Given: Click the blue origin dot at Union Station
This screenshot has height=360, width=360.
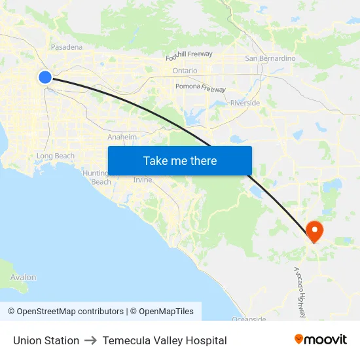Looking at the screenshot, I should [x=45, y=77].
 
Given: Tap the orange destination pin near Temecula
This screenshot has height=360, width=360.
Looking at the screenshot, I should [x=315, y=230].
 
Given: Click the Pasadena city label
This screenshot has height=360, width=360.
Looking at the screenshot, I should [x=67, y=47].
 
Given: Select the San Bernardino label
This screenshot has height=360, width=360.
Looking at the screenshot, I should [x=270, y=58].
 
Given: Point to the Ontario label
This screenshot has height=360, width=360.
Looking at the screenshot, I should [x=185, y=71].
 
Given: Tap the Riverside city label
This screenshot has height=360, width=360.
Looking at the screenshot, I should [x=245, y=103].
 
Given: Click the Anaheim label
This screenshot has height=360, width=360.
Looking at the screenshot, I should [x=122, y=137].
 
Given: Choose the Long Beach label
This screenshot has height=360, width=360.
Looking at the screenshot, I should [x=56, y=156].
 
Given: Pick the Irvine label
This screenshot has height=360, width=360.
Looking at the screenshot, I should [x=142, y=179].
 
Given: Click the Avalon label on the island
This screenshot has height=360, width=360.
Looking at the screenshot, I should [x=23, y=278].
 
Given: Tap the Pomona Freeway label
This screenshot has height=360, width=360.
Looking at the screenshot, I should [x=200, y=87].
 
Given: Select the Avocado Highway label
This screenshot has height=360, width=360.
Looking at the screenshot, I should [x=300, y=292].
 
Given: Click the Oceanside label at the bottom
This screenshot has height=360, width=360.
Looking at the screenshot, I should [x=249, y=319].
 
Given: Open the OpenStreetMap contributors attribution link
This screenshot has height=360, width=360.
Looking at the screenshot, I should [x=65, y=312].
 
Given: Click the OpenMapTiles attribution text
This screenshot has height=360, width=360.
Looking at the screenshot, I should [x=164, y=312].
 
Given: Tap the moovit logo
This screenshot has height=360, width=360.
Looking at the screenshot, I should [x=321, y=339].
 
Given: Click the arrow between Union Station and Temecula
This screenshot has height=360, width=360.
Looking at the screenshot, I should [x=91, y=340].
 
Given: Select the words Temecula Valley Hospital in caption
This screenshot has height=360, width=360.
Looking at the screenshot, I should [x=164, y=340].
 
